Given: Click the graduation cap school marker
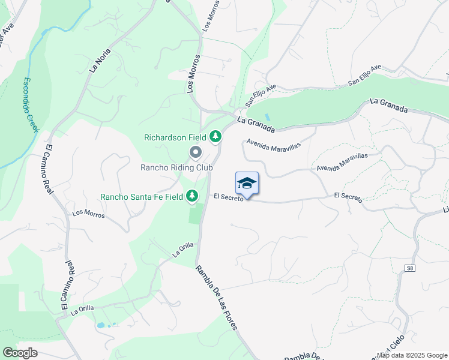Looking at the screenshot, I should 247,183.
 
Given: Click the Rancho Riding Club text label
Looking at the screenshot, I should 176,167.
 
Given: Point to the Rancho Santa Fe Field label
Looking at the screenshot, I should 142,196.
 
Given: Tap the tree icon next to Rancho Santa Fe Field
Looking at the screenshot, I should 192,196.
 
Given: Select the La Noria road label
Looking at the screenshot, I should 100,61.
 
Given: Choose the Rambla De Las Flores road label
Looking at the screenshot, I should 216,298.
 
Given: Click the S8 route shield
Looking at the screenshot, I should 409,268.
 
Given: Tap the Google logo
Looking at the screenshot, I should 20,353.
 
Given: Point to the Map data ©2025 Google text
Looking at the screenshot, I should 412,355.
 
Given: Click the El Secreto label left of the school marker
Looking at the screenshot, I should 228,197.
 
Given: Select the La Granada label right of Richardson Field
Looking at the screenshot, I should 256,124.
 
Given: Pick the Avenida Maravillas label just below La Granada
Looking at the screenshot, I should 272,145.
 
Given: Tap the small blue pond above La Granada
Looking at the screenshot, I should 267,115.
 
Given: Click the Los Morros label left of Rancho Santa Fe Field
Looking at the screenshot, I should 88,213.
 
